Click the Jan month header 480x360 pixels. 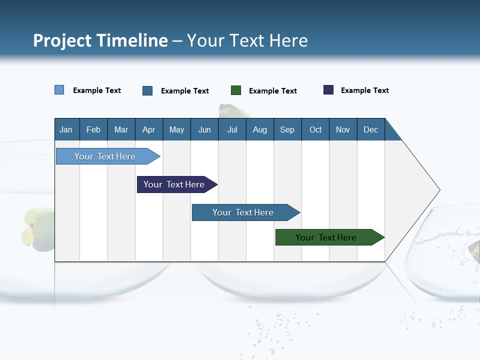point(66,129)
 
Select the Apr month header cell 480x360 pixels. point(149,129)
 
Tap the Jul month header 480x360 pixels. point(232,129)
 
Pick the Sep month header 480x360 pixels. point(287,129)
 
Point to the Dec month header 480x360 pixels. point(370,129)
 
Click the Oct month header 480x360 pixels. point(315,129)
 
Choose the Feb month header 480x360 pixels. point(93,129)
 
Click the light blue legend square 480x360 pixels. point(59,90)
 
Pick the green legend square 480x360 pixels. point(236,90)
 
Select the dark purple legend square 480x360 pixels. point(328,90)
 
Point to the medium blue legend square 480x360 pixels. point(147,90)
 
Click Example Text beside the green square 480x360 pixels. point(272,91)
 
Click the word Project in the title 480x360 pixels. point(62,40)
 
